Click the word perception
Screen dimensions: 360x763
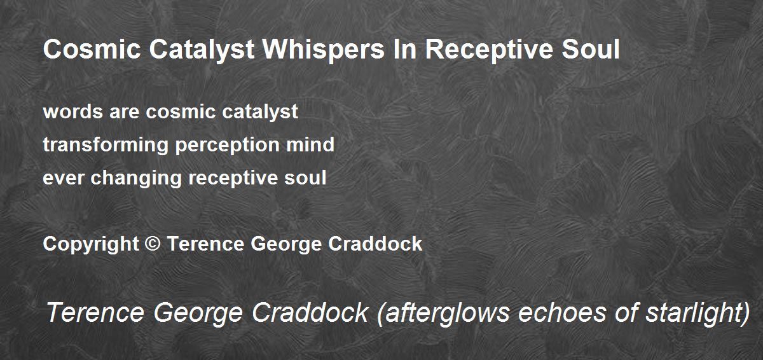[x=227, y=145]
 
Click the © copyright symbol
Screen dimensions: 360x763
[x=153, y=244]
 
